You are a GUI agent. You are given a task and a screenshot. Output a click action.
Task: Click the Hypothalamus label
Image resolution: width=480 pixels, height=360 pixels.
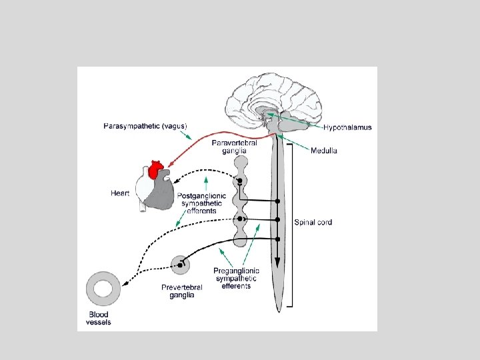pyautogui.click(x=348, y=127)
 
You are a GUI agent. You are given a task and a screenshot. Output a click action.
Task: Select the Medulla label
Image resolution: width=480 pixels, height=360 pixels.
pyautogui.click(x=324, y=151)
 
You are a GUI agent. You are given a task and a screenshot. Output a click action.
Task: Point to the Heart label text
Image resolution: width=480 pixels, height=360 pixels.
pyautogui.click(x=120, y=194)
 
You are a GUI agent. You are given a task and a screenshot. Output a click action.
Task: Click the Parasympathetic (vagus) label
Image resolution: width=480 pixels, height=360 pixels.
pyautogui.click(x=145, y=126)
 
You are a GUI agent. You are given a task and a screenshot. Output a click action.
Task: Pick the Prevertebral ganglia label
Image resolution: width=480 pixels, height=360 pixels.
pyautogui.click(x=181, y=291)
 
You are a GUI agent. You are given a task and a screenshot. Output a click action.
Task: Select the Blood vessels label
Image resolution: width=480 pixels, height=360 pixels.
pyautogui.click(x=99, y=319)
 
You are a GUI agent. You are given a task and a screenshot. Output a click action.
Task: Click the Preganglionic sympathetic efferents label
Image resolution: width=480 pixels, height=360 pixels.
pyautogui.click(x=236, y=278)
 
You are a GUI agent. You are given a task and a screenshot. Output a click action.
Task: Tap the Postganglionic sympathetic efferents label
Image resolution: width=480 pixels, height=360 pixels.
pyautogui.click(x=202, y=203)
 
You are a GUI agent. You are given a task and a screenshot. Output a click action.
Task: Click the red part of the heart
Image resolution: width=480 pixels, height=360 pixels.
pyautogui.click(x=157, y=170)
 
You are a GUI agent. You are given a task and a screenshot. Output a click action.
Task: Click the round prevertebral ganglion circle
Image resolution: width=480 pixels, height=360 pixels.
pyautogui.click(x=180, y=265)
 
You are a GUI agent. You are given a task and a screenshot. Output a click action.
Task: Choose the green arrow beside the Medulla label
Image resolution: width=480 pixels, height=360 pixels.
pyautogui.click(x=293, y=142)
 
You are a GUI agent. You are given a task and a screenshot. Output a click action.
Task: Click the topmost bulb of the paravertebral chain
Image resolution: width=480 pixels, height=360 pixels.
pyautogui.click(x=240, y=162)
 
